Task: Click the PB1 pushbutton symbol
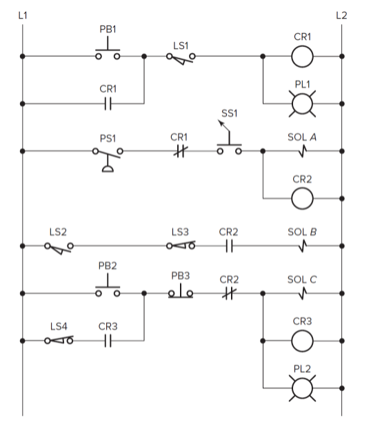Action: pos(107,53)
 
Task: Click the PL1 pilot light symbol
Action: pos(301,103)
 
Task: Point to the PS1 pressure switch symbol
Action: pos(108,155)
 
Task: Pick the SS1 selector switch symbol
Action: pos(229,145)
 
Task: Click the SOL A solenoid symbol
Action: pos(301,150)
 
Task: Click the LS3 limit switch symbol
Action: pos(181,246)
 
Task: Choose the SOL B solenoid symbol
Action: pos(301,246)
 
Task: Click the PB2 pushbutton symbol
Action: pos(107,288)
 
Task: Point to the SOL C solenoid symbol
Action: pos(301,292)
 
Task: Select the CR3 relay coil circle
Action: pos(301,340)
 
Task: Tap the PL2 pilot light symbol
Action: pos(301,388)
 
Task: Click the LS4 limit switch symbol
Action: pos(59,340)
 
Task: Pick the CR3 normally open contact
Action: pos(107,340)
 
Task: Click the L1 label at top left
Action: pos(23,14)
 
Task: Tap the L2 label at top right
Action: pos(341,14)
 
